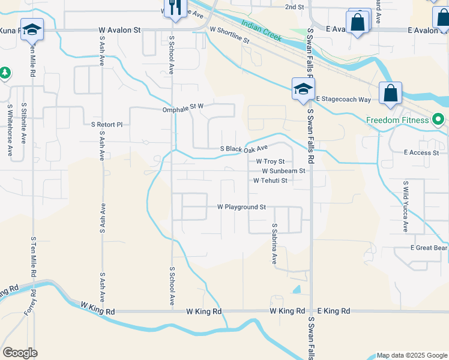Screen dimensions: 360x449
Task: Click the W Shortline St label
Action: pyautogui.click(x=229, y=34)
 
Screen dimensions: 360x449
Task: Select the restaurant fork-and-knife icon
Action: pyautogui.click(x=175, y=8)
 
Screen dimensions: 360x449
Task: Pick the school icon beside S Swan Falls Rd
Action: pyautogui.click(x=303, y=89)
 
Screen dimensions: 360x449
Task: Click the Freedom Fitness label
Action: pyautogui.click(x=399, y=120)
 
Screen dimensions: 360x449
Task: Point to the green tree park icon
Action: pyautogui.click(x=5, y=73)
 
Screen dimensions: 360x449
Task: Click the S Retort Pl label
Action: pyautogui.click(x=106, y=125)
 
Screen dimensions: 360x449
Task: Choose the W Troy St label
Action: pyautogui.click(x=270, y=161)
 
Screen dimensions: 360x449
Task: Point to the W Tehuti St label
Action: pyautogui.click(x=270, y=180)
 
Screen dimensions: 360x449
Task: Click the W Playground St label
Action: pyautogui.click(x=241, y=207)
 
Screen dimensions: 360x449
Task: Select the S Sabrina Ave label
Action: pyautogui.click(x=274, y=244)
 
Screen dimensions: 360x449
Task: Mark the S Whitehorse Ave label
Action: pyautogui.click(x=10, y=130)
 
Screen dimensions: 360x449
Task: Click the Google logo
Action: pyautogui.click(x=19, y=353)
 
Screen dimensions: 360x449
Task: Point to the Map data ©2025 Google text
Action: pyautogui.click(x=411, y=355)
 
